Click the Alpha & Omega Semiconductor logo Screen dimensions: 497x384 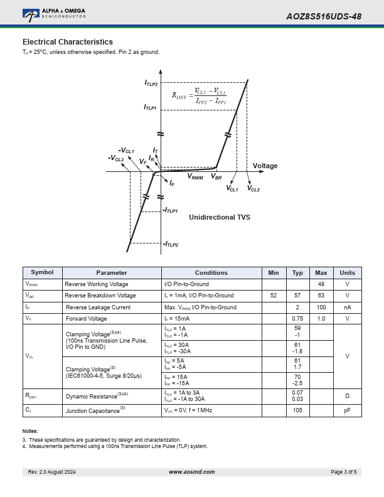click(x=53, y=14)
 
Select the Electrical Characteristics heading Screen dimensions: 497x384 click(x=68, y=42)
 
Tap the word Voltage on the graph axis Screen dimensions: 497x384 click(x=265, y=166)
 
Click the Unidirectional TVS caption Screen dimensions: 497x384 click(x=220, y=217)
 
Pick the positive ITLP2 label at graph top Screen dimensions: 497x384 click(x=151, y=83)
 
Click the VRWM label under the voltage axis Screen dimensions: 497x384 click(x=195, y=178)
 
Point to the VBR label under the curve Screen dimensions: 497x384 click(x=216, y=178)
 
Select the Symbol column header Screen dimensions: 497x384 click(x=42, y=273)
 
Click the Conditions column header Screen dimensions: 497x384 click(x=211, y=273)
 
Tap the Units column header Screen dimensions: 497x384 click(x=347, y=273)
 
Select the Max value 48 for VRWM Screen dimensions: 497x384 click(x=321, y=284)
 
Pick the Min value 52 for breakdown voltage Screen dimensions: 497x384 click(x=274, y=296)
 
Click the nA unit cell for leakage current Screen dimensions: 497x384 click(x=347, y=307)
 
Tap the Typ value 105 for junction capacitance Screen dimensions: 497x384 click(x=297, y=410)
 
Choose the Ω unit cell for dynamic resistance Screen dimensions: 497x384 click(x=347, y=396)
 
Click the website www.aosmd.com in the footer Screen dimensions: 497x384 click(x=192, y=472)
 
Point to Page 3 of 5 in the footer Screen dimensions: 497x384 click(x=344, y=472)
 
